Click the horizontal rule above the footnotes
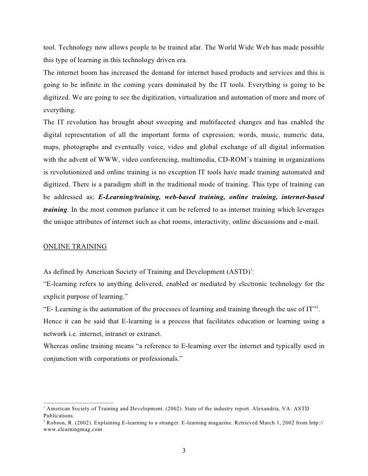76,402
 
